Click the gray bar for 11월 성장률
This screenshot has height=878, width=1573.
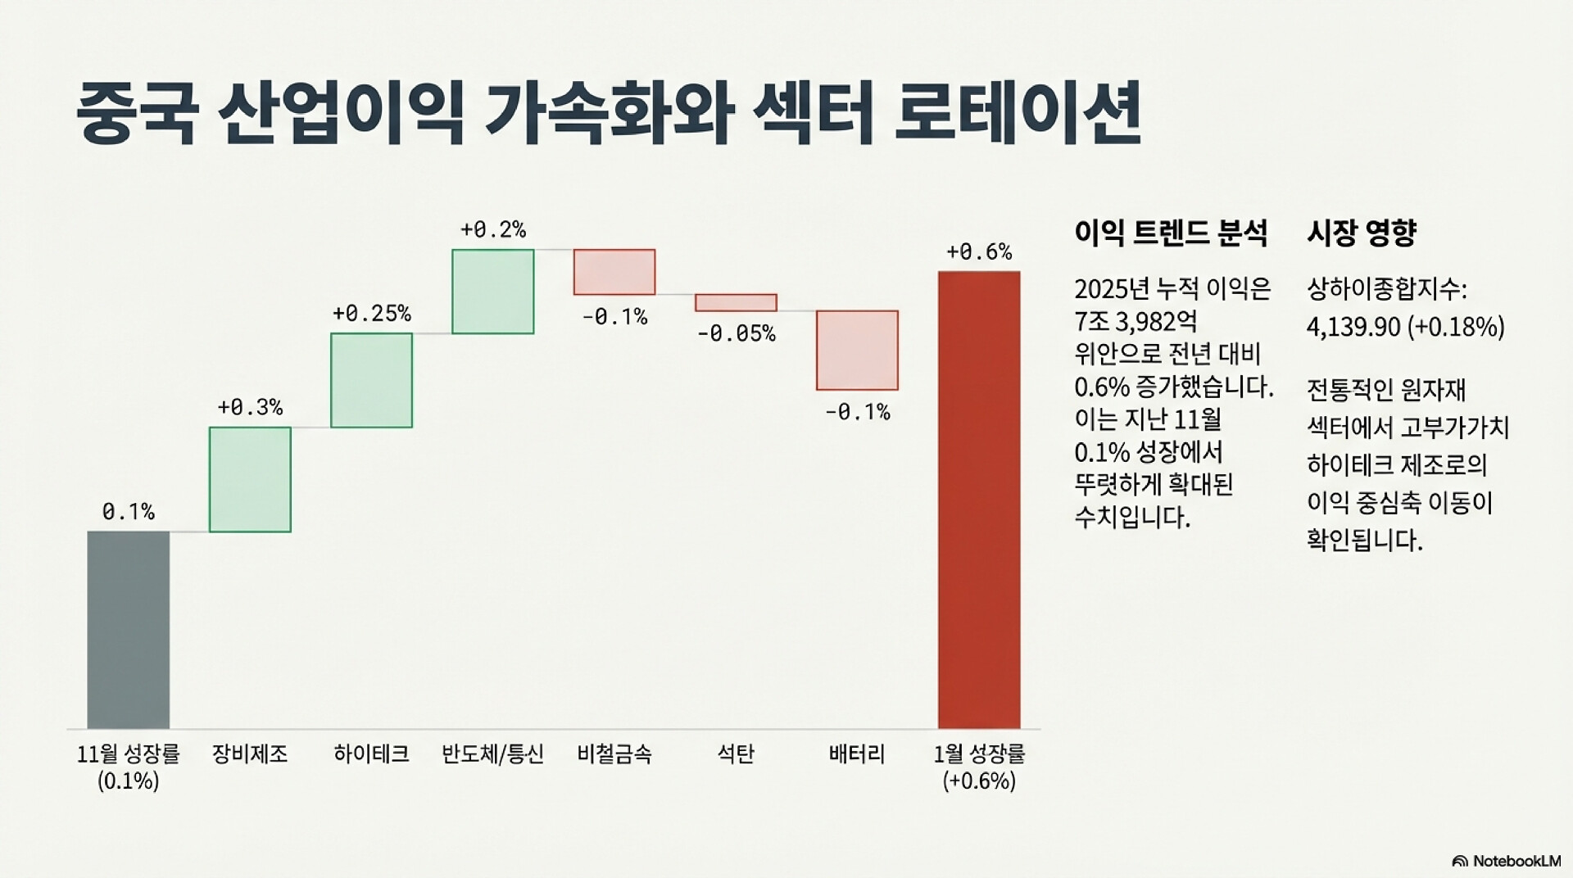point(129,629)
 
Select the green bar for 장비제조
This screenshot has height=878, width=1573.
point(250,479)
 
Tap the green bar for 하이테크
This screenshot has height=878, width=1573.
point(371,380)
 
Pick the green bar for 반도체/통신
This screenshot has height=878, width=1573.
point(492,291)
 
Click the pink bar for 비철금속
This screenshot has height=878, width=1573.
point(614,272)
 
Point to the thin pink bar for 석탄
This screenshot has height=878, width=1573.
point(736,302)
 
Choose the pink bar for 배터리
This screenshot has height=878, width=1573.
point(857,350)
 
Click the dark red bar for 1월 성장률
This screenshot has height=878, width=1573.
point(979,500)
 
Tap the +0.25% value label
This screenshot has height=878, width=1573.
point(371,314)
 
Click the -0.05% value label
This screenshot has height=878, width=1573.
point(736,333)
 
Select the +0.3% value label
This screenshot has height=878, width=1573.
point(250,407)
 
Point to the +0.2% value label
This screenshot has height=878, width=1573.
point(492,229)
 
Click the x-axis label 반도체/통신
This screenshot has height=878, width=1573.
point(492,754)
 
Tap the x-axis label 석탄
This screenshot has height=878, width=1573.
point(736,754)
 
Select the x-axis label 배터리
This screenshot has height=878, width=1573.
point(857,754)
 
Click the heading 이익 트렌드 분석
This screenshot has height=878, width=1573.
point(1170,233)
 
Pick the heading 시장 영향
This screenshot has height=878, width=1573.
point(1361,233)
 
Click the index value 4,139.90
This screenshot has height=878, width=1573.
point(1353,327)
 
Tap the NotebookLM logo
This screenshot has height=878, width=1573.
point(1506,861)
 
